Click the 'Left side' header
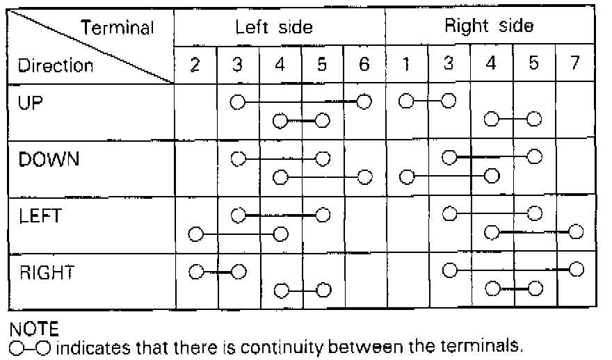274,28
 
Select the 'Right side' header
489,28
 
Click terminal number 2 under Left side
195,66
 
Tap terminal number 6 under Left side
364,66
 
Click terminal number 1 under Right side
406,66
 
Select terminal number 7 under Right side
574,66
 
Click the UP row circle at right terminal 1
406,102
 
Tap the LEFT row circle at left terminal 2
195,233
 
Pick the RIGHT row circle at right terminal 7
575,269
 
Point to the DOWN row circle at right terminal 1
406,177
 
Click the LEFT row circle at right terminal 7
575,231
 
